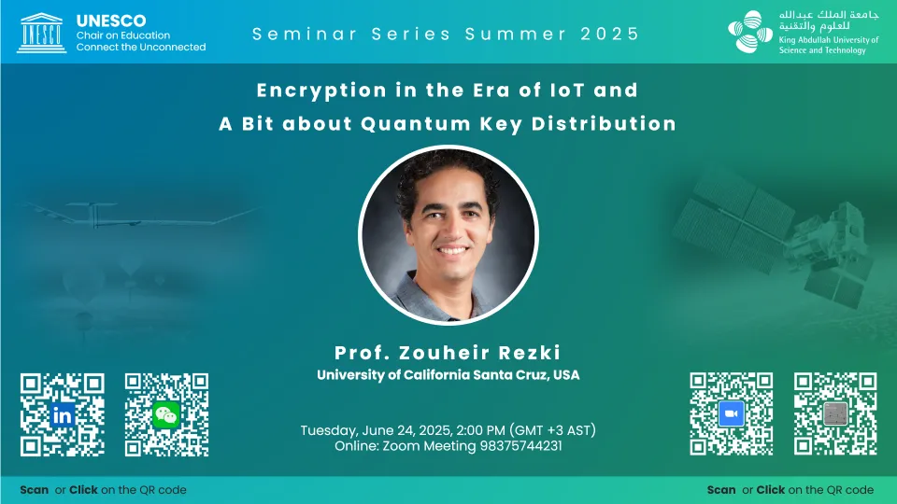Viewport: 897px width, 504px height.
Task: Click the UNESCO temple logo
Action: tap(41, 34)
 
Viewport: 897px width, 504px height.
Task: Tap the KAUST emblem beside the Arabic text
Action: tap(750, 32)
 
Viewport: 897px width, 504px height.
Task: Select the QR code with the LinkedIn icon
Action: tap(63, 414)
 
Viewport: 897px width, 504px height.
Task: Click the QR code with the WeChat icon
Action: tap(166, 414)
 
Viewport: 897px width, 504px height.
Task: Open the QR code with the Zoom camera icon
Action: tap(731, 413)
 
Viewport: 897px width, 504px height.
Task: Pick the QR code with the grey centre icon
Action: tap(835, 413)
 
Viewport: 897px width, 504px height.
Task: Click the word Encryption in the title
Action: tap(321, 91)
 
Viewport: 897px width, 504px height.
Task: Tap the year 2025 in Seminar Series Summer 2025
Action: tap(610, 34)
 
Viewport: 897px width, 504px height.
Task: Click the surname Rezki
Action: tap(529, 353)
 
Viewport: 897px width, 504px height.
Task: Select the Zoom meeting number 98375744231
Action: tap(520, 446)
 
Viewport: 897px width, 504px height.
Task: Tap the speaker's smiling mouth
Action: tap(452, 250)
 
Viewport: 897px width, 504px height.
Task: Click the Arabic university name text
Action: tap(829, 21)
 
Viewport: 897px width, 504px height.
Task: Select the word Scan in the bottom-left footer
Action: tap(35, 490)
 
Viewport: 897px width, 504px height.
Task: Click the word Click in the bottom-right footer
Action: tap(771, 490)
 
